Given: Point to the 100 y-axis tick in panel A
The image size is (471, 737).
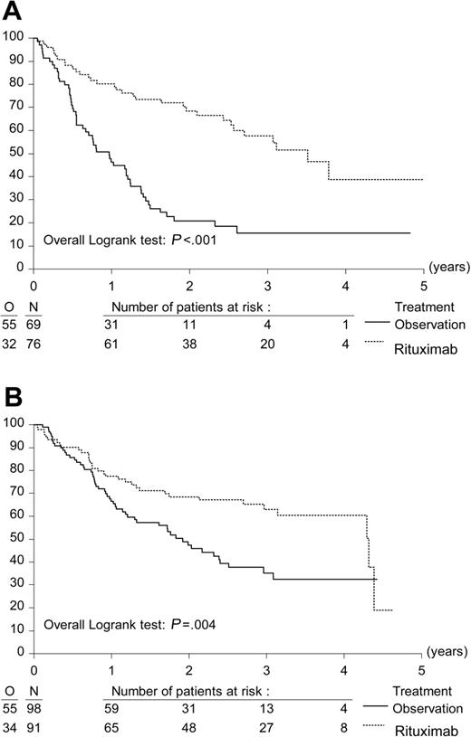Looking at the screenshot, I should coord(13,37).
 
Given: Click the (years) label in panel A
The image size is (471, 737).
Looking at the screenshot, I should coord(447,269).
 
